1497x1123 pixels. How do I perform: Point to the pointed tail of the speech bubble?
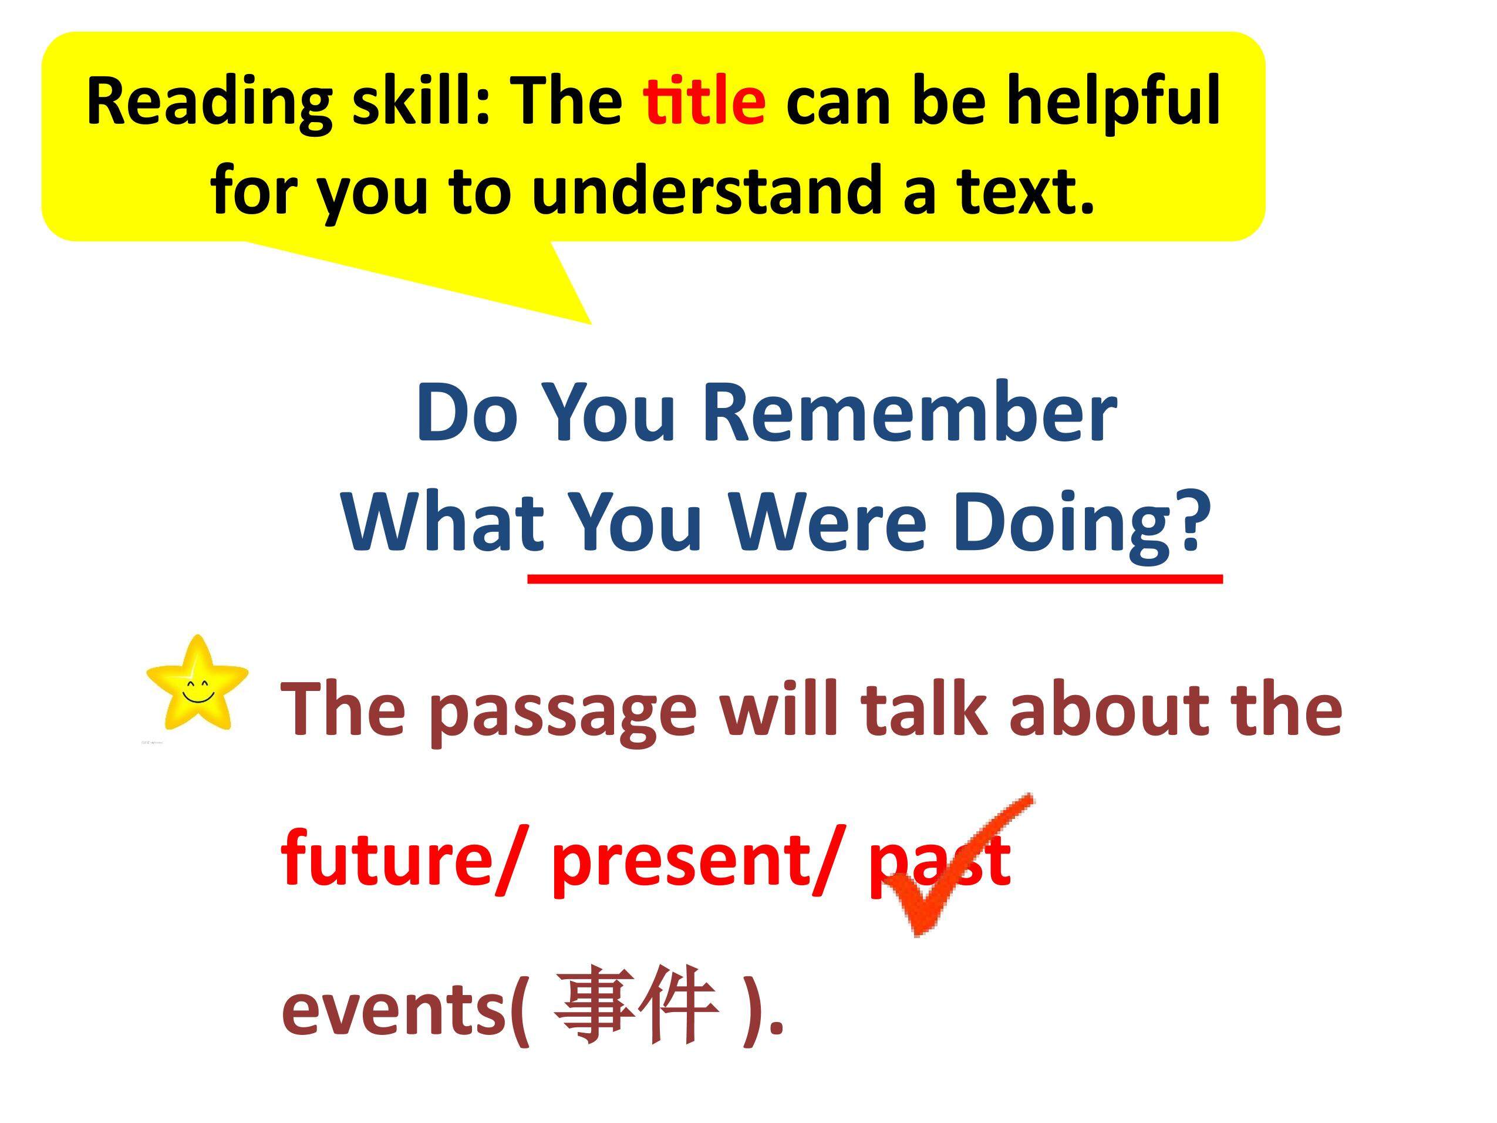click(591, 323)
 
